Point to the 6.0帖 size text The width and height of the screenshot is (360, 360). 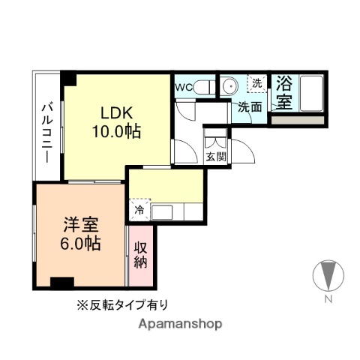pyautogui.click(x=78, y=243)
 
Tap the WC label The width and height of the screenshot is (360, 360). pyautogui.click(x=184, y=88)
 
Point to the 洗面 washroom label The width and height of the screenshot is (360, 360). pyautogui.click(x=250, y=106)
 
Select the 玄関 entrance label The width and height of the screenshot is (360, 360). pyautogui.click(x=215, y=157)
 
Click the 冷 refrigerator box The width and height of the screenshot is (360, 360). pyautogui.click(x=139, y=210)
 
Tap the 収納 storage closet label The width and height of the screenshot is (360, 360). pyautogui.click(x=140, y=255)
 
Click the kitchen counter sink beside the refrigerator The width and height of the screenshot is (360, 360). pyautogui.click(x=177, y=211)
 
